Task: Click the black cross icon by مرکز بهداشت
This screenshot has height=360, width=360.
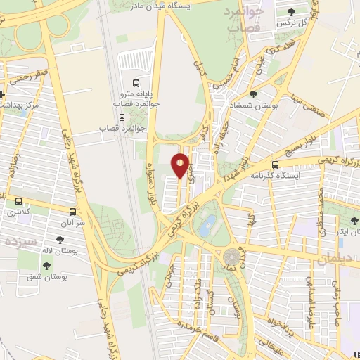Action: (x=2, y=94)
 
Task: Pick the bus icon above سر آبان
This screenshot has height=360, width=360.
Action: (x=72, y=210)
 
